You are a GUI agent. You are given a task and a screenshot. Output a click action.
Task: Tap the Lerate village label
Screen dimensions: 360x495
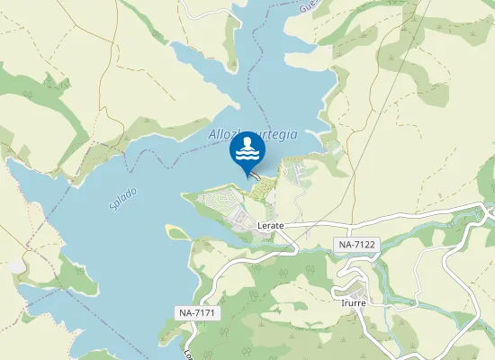[x=270, y=225]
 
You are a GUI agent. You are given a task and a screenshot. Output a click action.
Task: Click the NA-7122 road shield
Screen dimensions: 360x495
[x=358, y=244]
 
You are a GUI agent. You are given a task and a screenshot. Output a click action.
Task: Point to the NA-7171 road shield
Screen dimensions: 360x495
[x=196, y=312]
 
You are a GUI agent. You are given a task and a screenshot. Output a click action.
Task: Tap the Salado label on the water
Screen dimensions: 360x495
[x=123, y=198]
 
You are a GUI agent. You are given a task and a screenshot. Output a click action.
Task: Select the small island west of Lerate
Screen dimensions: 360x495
[x=176, y=231]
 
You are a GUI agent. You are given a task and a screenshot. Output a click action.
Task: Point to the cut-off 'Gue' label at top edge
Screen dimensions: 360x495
[x=335, y=5]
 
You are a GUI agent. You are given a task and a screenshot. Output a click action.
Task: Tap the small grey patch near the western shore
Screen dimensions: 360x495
[x=16, y=266]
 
